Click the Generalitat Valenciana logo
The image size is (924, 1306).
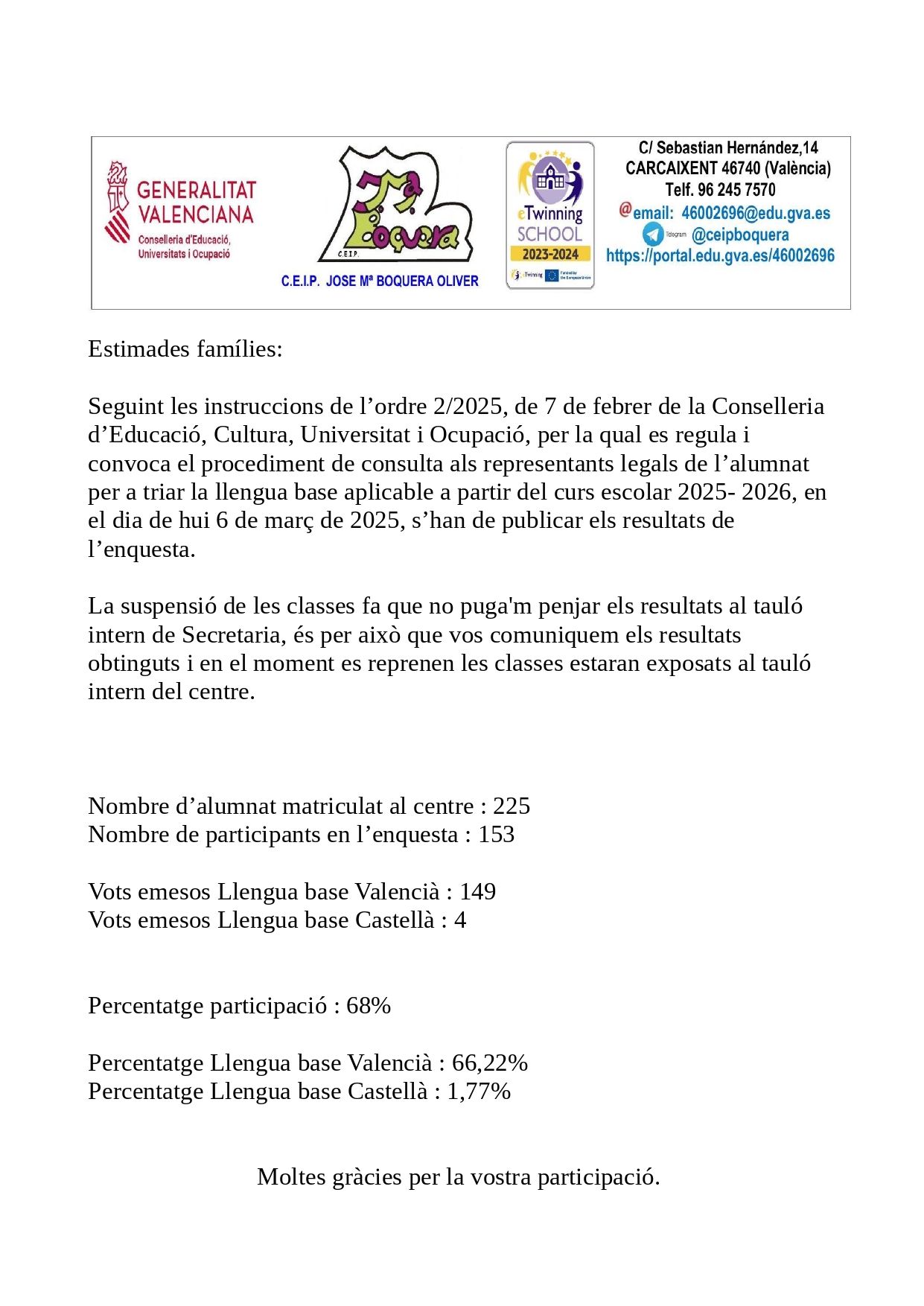[180, 211]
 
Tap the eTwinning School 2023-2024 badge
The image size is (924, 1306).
[550, 215]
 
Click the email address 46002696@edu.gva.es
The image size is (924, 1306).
[755, 213]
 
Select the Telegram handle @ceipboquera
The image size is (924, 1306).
[739, 235]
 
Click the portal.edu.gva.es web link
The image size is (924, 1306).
[720, 255]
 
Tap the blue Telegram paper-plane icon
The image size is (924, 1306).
[653, 234]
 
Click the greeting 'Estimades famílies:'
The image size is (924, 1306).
[185, 348]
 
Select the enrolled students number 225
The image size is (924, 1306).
[512, 806]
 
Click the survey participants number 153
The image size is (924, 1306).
[496, 834]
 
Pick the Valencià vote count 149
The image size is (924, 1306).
[477, 891]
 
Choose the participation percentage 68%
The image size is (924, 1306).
[369, 1005]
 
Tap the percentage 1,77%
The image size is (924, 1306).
[479, 1091]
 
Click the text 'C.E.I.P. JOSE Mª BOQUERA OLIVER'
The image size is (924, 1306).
[380, 281]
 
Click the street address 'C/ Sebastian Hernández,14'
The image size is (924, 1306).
[727, 147]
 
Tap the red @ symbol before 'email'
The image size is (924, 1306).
[625, 210]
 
